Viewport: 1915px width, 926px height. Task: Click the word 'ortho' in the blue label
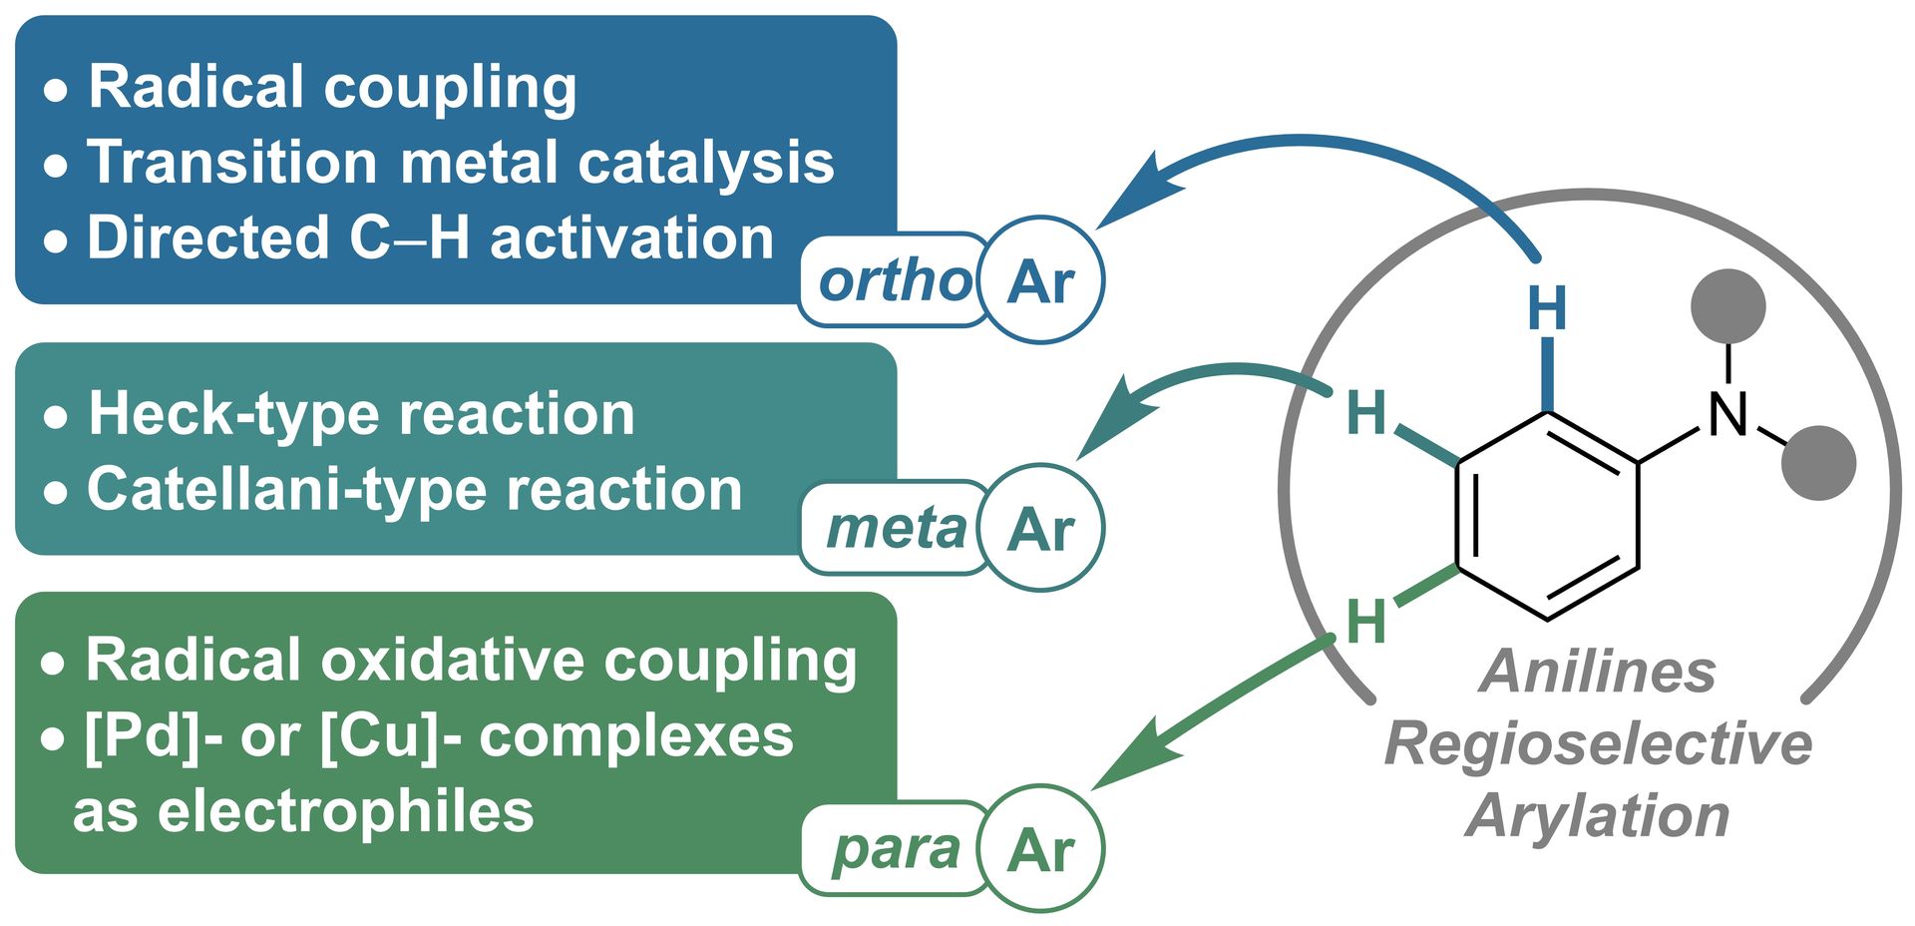(895, 281)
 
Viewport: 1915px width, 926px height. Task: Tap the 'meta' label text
(897, 529)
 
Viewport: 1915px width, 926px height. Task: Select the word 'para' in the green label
(896, 851)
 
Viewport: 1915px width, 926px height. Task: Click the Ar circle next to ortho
(1041, 280)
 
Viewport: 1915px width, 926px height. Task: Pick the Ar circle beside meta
(1041, 528)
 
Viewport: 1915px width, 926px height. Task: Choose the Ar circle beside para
(1041, 849)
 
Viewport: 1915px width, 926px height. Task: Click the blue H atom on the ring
(1547, 308)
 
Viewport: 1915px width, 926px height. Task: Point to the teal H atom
(1366, 412)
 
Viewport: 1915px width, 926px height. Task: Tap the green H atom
(1366, 622)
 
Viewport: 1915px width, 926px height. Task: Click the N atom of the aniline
(1728, 413)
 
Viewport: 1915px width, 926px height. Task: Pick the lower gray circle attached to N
(1818, 463)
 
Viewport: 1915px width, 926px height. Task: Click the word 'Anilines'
(1598, 672)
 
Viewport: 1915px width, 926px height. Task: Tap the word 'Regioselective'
(1599, 744)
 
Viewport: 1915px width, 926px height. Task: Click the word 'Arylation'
(1598, 816)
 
